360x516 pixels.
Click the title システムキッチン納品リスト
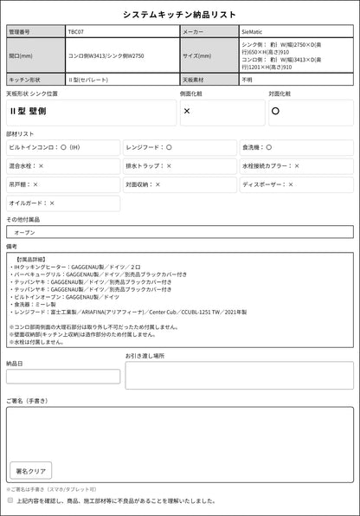point(179,15)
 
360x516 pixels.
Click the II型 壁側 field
point(90,112)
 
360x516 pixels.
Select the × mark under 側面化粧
point(188,112)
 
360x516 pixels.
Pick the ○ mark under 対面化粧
point(275,112)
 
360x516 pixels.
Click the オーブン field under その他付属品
point(179,232)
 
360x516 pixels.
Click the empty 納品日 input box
point(63,376)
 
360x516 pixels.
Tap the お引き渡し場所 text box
point(239,375)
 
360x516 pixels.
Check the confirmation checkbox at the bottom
point(10,500)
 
